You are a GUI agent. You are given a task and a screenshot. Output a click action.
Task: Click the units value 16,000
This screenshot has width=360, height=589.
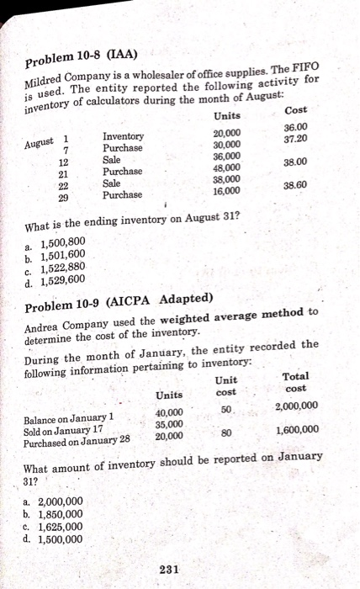[x=225, y=191]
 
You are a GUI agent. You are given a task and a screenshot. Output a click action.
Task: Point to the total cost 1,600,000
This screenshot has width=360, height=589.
[x=297, y=431]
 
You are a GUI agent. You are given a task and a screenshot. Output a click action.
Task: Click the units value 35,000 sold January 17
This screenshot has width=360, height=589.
[x=169, y=424]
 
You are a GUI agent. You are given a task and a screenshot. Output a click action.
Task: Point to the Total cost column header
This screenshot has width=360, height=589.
[x=297, y=384]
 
